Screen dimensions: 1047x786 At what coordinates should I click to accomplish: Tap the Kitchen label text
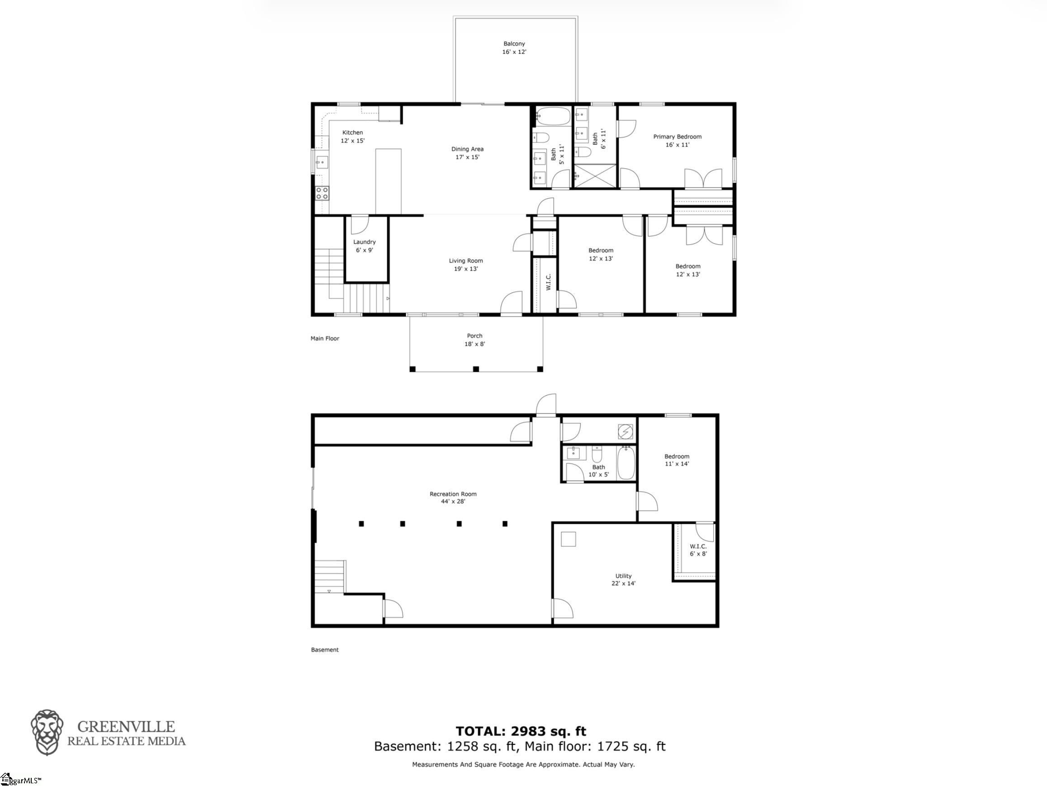353,133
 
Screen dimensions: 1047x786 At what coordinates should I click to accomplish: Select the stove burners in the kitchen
322,193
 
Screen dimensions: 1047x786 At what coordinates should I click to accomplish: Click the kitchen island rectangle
388,182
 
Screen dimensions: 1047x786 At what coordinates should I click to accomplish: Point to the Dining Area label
467,149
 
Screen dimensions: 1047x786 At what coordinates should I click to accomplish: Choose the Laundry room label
365,242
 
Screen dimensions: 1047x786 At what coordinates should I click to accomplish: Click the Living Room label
466,261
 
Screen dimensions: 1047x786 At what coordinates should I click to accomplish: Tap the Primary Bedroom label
677,137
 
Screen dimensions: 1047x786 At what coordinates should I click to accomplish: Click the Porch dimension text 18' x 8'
475,344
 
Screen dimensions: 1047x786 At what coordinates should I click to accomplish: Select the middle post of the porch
476,369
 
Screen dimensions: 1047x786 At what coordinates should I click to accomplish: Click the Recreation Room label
453,494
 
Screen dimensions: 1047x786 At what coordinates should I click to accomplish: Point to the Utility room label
623,576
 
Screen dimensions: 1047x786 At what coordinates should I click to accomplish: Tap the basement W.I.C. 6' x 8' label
698,550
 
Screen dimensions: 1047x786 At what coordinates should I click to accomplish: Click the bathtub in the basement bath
626,463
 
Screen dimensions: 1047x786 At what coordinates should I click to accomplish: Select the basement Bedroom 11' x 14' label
677,460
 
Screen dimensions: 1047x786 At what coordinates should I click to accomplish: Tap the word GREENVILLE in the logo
126,727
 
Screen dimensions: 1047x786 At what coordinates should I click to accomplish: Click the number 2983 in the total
521,731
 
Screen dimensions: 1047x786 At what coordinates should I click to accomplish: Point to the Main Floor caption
325,338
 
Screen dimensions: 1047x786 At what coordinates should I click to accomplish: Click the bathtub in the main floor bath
553,115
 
